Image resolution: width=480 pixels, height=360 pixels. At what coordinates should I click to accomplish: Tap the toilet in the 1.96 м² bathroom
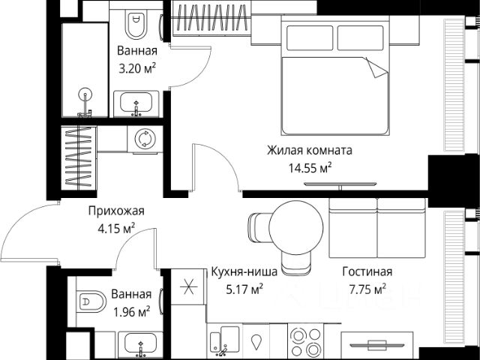click(91, 301)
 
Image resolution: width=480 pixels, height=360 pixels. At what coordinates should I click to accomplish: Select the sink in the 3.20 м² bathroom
click(136, 103)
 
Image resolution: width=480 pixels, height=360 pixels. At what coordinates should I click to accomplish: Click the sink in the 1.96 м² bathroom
click(140, 345)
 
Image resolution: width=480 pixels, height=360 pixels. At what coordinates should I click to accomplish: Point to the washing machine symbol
click(145, 139)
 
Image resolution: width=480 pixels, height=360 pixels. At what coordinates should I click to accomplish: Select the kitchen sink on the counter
click(225, 341)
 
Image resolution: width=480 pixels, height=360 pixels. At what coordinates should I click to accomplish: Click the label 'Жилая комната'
click(310, 150)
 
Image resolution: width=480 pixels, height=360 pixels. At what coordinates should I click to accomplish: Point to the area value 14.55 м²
click(310, 168)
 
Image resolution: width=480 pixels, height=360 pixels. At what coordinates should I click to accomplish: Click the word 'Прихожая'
click(116, 211)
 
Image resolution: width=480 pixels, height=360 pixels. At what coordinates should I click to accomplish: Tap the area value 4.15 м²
click(116, 228)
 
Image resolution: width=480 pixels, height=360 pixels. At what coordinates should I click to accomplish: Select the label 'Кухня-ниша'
click(244, 271)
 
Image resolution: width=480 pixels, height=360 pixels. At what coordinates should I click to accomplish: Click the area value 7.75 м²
click(367, 289)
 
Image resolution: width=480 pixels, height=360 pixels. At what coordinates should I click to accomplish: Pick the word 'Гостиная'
click(367, 271)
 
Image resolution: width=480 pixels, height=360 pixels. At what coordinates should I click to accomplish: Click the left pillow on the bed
click(310, 38)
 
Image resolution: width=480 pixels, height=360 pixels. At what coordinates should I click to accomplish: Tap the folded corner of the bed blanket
click(376, 67)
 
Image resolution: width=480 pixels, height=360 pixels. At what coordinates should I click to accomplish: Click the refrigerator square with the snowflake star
click(187, 286)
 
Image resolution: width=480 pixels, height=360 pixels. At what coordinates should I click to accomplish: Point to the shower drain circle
click(85, 94)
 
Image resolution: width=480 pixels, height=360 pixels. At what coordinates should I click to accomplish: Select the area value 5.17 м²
click(244, 289)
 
